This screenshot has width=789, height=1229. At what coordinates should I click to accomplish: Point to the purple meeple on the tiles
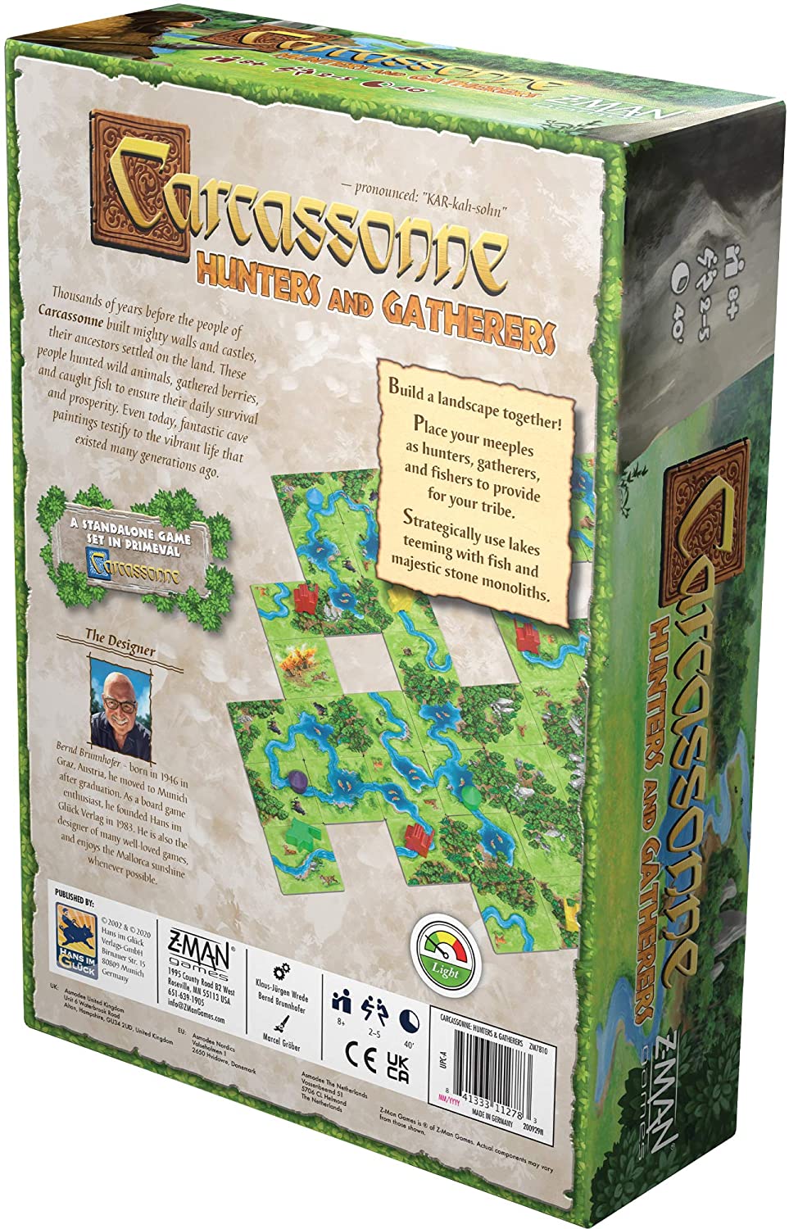pyautogui.click(x=295, y=779)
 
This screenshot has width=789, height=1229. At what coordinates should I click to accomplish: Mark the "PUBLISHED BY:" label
pyautogui.click(x=76, y=890)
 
